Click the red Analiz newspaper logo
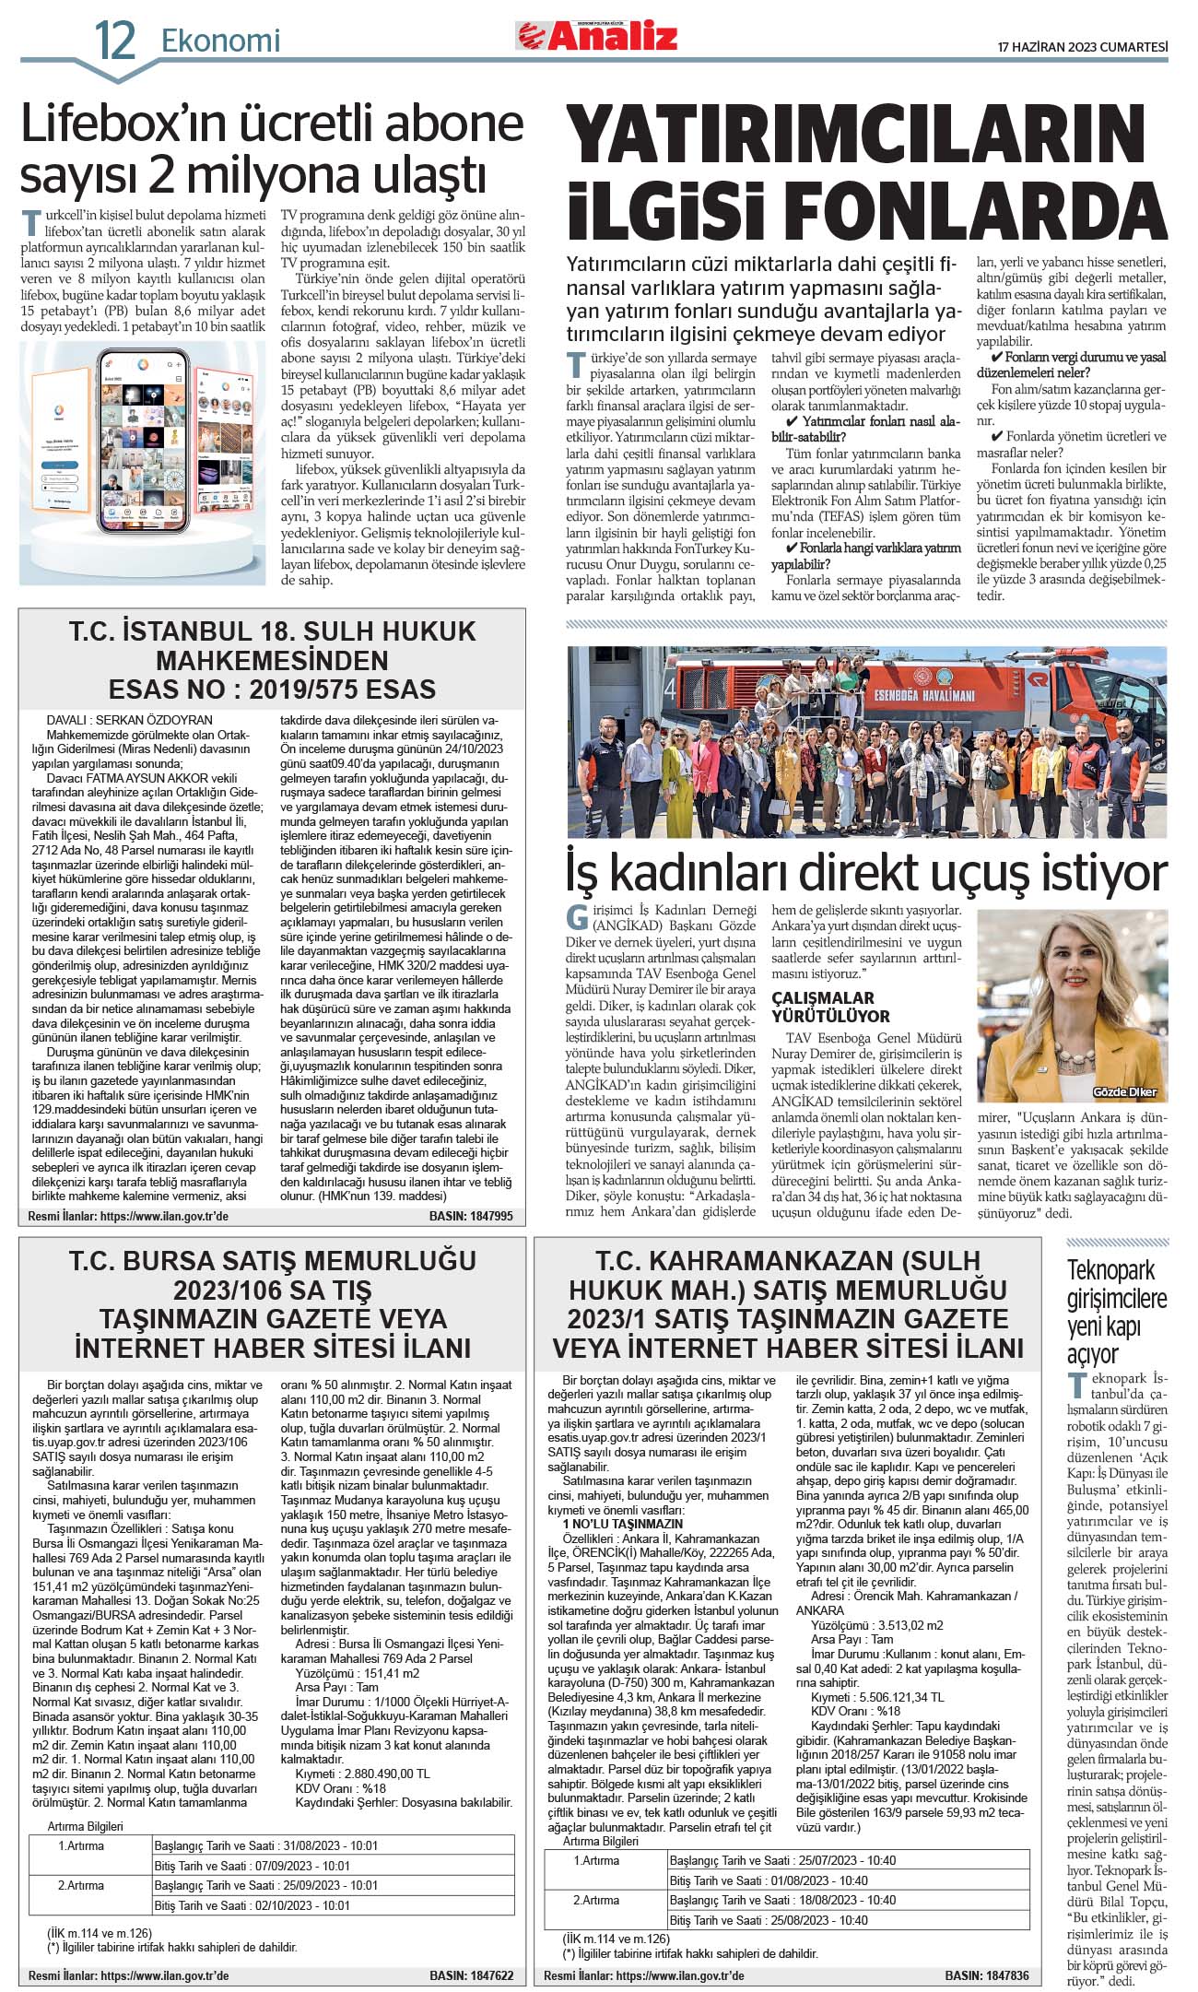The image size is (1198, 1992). pos(597,37)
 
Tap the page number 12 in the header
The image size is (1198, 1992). pos(115,41)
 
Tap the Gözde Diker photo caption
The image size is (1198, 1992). pos(1124,1092)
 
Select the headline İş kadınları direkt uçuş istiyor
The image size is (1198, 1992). pos(866,871)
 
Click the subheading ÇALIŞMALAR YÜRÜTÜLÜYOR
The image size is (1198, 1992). pos(830,1007)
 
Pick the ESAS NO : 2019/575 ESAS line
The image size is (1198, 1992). pos(272,690)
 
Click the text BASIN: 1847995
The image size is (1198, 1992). pos(471,1216)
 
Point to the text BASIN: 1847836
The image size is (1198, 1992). pos(986,1975)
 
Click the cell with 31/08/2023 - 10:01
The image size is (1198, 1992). pos(266,1845)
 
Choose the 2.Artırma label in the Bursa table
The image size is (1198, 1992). pos(82,1885)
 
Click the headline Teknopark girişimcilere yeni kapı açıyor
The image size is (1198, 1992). pos(1116,1312)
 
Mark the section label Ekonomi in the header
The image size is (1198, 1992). pos(220,41)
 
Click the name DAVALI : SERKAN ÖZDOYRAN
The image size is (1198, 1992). pos(129,720)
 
